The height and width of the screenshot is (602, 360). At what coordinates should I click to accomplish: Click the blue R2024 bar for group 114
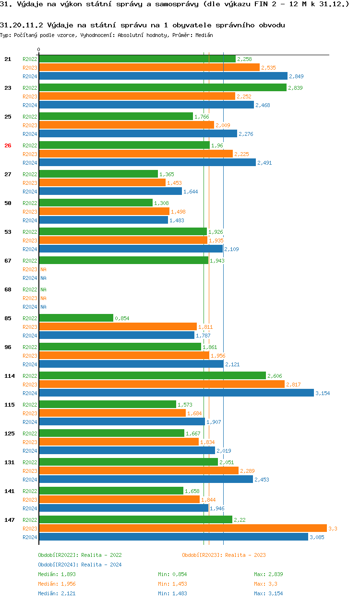pyautogui.click(x=176, y=393)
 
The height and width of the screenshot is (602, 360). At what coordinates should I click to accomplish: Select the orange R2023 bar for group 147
pyautogui.click(x=182, y=528)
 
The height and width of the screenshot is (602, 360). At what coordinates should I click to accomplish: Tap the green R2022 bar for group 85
pyautogui.click(x=76, y=318)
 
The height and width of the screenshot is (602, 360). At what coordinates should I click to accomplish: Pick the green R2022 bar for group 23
pyautogui.click(x=162, y=87)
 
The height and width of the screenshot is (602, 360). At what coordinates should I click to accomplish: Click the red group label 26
pyautogui.click(x=8, y=145)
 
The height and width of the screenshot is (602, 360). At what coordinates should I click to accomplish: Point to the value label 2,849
pyautogui.click(x=296, y=76)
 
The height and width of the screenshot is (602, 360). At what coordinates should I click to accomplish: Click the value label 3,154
pyautogui.click(x=323, y=393)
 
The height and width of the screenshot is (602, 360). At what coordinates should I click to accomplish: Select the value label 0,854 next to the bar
pyautogui.click(x=122, y=318)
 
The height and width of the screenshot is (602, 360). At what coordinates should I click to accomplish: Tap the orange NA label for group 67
pyautogui.click(x=43, y=269)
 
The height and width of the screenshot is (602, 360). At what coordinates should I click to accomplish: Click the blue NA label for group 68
pyautogui.click(x=43, y=307)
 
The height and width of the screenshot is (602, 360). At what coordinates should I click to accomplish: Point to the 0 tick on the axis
pyautogui.click(x=39, y=50)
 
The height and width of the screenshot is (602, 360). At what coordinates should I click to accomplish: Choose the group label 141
pyautogui.click(x=9, y=491)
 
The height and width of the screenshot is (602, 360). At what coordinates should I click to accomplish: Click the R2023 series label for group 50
pyautogui.click(x=30, y=212)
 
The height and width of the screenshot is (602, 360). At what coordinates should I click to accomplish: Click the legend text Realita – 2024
pyautogui.click(x=101, y=565)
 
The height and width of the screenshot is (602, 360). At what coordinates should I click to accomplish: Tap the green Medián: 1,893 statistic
pyautogui.click(x=57, y=574)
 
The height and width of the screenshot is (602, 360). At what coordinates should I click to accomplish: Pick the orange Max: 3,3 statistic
pyautogui.click(x=265, y=584)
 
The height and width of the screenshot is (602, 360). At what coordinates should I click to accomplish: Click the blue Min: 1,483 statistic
pyautogui.click(x=172, y=593)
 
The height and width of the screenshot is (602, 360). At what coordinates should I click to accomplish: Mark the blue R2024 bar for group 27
pyautogui.click(x=110, y=191)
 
